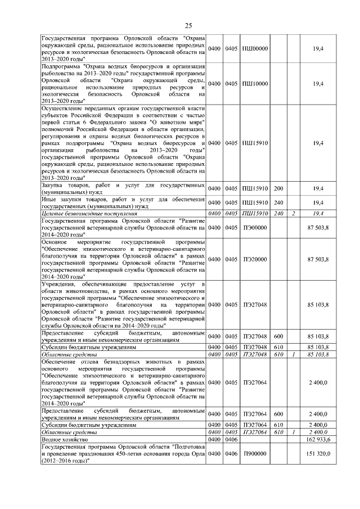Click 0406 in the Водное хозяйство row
click(232, 439)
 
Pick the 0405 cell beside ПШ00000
click(232, 48)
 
